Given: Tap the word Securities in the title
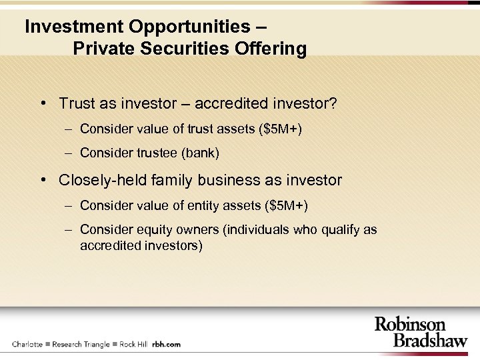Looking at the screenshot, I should [184, 49].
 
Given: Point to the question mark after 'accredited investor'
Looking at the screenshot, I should [333, 104].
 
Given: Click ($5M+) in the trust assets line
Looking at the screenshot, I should [279, 129].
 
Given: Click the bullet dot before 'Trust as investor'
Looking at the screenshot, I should [42, 104].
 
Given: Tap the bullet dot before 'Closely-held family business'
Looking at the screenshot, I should [42, 180].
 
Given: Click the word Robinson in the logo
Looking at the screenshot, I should [410, 324].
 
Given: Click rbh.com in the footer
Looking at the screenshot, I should [166, 344].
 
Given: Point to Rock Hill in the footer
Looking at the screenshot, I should [133, 344].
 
